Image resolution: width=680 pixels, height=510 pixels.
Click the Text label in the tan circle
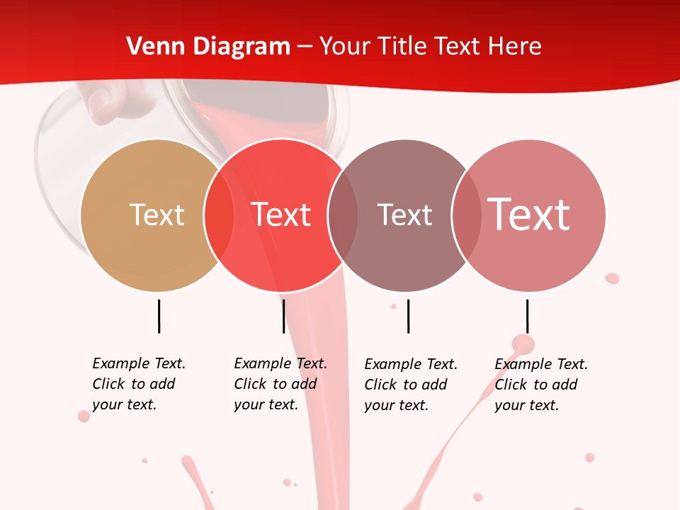[157, 215]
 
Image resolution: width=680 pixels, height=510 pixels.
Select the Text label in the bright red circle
[281, 215]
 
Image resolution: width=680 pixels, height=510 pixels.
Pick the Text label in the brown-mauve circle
[404, 215]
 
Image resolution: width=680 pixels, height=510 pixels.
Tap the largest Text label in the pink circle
[529, 215]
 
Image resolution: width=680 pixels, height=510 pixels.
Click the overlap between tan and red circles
[219, 215]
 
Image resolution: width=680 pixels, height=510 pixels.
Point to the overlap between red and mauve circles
[343, 215]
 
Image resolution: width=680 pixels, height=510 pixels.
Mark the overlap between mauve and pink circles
[466, 215]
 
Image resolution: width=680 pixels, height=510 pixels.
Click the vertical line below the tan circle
[159, 316]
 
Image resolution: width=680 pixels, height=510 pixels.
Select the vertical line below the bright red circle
[283, 316]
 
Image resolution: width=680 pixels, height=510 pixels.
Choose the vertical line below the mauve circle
[408, 316]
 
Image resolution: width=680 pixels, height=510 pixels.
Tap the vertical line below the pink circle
[527, 316]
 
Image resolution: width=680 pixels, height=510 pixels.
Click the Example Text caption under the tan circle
[138, 384]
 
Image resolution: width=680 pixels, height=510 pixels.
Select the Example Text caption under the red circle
[280, 384]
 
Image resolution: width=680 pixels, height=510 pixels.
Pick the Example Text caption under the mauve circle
[410, 385]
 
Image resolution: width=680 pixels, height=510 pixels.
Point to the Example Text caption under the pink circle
[540, 385]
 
